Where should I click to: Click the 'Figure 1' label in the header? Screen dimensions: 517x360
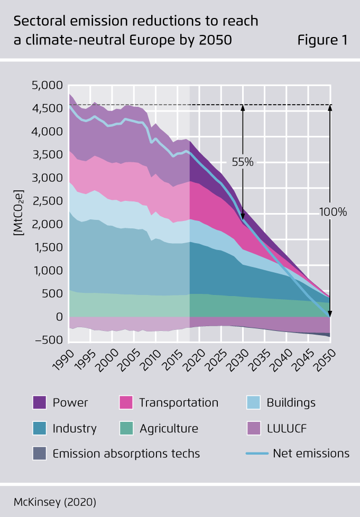[x=322, y=40]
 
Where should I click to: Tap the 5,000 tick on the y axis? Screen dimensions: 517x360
[x=47, y=85]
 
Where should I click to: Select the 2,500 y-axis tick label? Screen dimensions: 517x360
[x=47, y=201]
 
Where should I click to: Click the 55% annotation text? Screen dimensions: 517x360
[x=243, y=162]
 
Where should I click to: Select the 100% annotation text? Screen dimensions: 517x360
[x=333, y=212]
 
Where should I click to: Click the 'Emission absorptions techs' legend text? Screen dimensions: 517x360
[x=126, y=454]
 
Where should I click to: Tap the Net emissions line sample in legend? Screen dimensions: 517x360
[x=256, y=454]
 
